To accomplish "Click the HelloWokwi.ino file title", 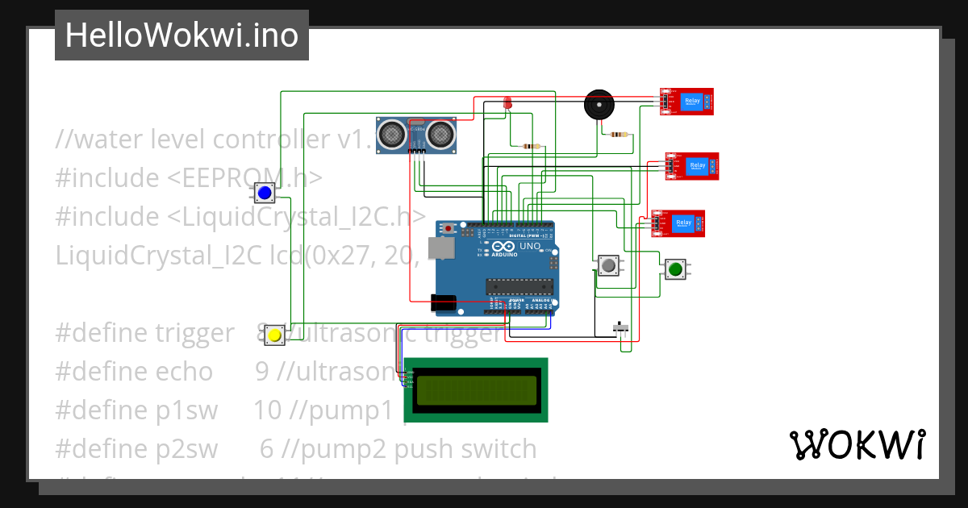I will (181, 35).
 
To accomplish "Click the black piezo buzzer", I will (599, 106).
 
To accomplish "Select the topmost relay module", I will (686, 102).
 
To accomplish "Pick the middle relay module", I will (691, 166).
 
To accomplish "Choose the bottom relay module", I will (678, 223).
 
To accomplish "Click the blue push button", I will (264, 194).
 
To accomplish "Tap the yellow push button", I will (274, 335).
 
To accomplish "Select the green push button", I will (675, 269).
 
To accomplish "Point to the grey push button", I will (609, 265).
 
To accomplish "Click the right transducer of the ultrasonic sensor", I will (440, 132).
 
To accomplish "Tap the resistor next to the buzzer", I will (620, 135).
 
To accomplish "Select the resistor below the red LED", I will (532, 146).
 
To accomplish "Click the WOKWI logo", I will (857, 444).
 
